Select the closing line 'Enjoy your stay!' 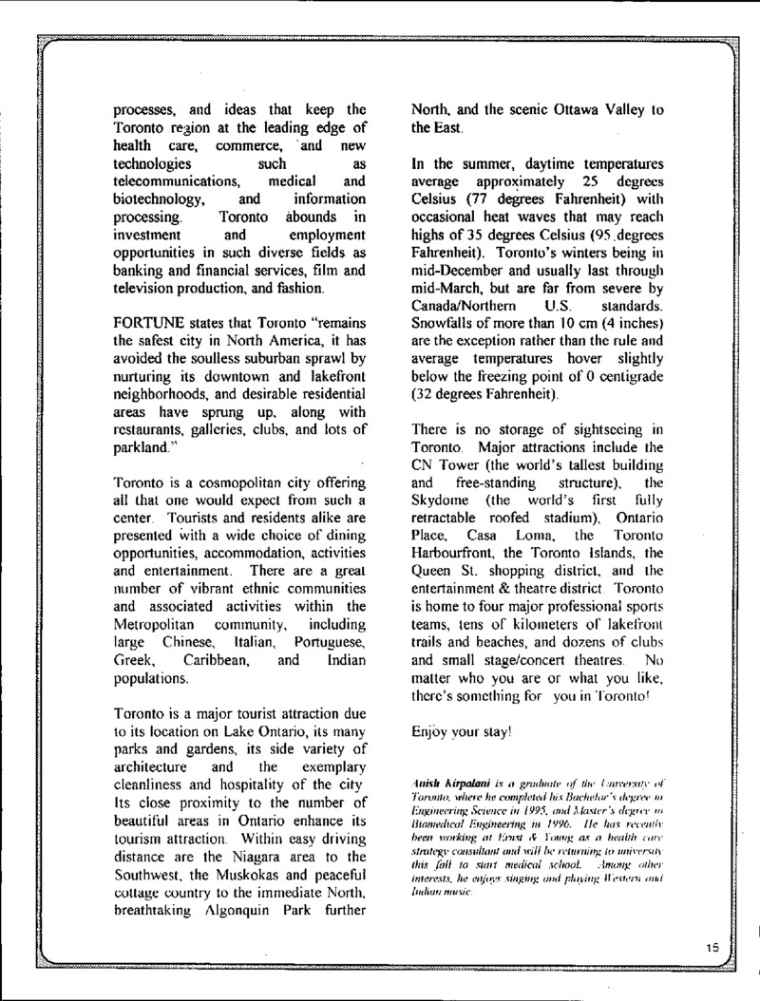pos(461,732)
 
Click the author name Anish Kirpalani pos(447,781)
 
